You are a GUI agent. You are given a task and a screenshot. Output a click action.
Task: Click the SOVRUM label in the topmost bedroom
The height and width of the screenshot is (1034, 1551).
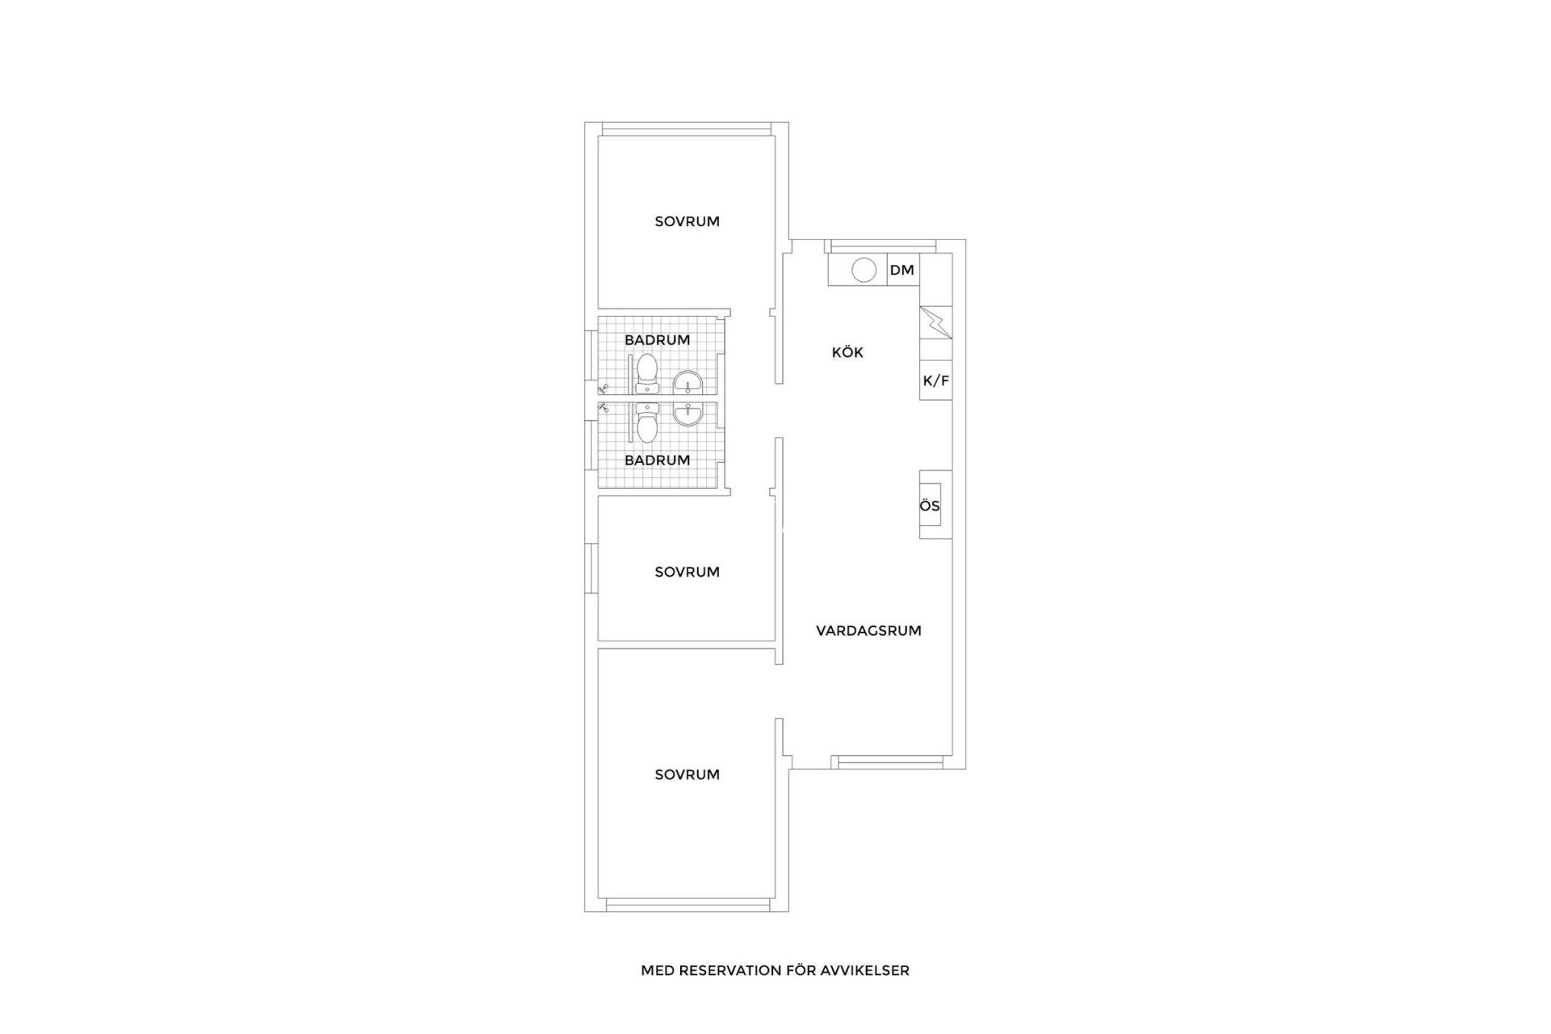pyautogui.click(x=687, y=221)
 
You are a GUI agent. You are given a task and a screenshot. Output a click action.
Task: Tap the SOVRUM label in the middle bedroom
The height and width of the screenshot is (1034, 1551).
pyautogui.click(x=687, y=572)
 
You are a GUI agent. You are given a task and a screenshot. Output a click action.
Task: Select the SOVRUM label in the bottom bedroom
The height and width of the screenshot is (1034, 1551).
pyautogui.click(x=687, y=775)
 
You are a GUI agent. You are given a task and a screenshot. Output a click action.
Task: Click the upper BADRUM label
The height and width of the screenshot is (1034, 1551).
pyautogui.click(x=657, y=340)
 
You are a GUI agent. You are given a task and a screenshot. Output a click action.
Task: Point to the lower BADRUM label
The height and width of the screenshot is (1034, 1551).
pyautogui.click(x=657, y=460)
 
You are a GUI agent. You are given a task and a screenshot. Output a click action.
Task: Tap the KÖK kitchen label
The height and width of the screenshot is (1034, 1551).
pyautogui.click(x=847, y=352)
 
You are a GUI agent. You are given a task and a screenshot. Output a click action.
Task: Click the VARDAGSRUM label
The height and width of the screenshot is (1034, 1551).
pyautogui.click(x=868, y=631)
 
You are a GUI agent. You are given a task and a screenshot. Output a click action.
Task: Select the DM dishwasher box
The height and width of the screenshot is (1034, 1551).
pyautogui.click(x=902, y=270)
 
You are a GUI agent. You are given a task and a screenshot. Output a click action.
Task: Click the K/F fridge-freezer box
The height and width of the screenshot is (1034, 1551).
pyautogui.click(x=935, y=380)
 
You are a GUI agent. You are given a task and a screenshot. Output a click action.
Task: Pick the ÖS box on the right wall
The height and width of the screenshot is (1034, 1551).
pyautogui.click(x=931, y=506)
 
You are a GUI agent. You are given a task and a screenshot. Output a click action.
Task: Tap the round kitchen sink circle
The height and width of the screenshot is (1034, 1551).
pyautogui.click(x=864, y=270)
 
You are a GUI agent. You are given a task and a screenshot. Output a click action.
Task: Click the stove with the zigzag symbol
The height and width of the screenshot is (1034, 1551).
pyautogui.click(x=935, y=322)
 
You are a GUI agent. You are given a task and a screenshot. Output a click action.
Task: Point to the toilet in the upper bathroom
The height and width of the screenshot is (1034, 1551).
pyautogui.click(x=646, y=374)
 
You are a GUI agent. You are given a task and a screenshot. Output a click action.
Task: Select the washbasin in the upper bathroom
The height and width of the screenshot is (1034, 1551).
pyautogui.click(x=688, y=383)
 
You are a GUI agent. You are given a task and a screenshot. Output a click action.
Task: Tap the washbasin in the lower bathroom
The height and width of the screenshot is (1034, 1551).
pyautogui.click(x=688, y=414)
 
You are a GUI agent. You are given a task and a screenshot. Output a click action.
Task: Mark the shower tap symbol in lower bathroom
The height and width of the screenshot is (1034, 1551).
pyautogui.click(x=603, y=409)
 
